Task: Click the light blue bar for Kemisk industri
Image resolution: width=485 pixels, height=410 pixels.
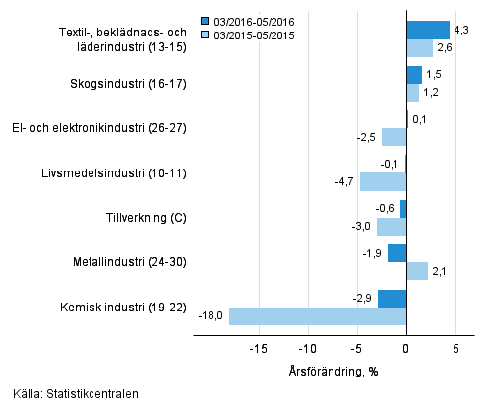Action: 318,316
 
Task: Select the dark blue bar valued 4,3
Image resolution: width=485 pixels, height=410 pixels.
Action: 428,30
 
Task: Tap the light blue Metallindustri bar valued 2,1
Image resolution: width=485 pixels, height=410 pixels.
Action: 417,271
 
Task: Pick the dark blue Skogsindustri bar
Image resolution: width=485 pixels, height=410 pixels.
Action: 414,75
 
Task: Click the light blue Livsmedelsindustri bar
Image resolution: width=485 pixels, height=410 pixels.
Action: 383,181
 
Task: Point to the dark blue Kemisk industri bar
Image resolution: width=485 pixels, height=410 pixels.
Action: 392,299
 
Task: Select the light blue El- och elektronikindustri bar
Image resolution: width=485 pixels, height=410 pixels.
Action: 394,137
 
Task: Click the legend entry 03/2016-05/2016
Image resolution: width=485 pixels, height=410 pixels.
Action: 249,19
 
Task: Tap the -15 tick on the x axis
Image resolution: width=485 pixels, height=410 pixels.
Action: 259,348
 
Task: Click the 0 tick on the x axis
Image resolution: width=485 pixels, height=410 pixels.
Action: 406,348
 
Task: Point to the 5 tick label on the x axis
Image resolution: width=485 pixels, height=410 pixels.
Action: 455,348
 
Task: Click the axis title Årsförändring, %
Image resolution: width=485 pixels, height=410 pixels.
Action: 333,371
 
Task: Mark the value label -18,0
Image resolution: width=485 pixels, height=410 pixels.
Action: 211,316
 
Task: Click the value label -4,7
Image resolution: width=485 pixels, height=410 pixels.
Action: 344,181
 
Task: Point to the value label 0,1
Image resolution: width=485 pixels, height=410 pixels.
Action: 420,120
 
